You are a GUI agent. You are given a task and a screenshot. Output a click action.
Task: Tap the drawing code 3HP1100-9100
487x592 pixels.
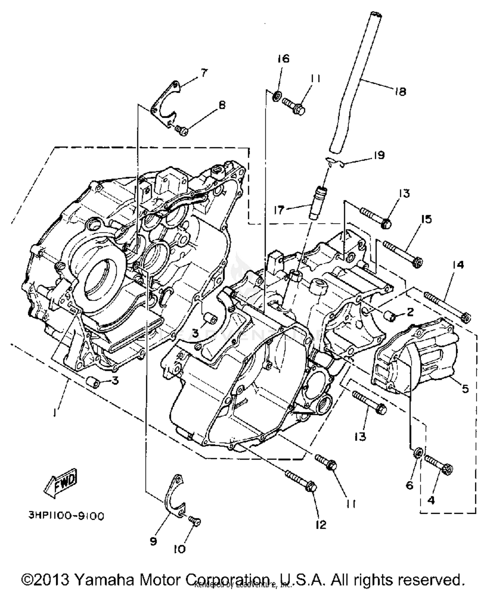67,516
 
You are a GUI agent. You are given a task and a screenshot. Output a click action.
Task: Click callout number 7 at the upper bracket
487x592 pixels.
204,73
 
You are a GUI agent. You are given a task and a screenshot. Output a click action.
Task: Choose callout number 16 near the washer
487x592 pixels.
283,59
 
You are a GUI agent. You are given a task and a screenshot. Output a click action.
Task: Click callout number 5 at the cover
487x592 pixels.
465,388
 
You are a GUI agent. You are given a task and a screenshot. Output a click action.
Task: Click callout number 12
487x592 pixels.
321,525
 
